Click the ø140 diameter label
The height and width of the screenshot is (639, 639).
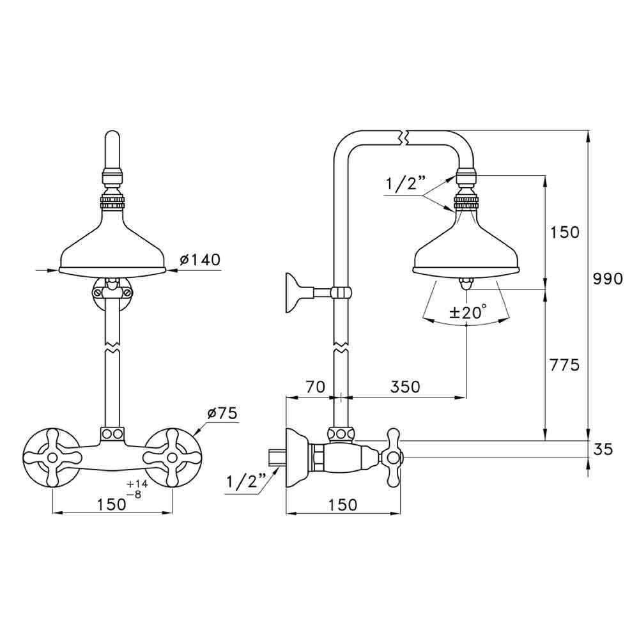199,259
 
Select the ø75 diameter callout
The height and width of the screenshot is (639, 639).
222,413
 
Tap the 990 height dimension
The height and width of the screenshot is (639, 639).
608,279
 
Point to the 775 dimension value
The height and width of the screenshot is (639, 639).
564,365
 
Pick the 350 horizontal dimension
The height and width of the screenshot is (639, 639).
404,387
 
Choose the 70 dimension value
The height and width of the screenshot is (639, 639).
316,387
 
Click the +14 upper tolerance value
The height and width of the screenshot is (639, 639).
137,484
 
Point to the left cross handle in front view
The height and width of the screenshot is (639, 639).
52,458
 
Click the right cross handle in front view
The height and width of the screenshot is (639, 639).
173,458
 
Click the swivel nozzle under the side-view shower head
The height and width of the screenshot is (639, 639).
466,282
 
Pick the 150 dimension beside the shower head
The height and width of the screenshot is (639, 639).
564,233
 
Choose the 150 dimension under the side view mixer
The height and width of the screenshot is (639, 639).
343,505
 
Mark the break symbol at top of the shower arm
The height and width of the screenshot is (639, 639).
403,137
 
